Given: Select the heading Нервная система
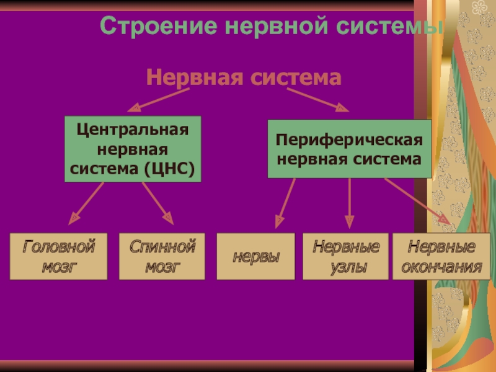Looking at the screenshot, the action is [x=244, y=78].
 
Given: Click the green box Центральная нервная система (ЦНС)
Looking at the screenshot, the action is [x=133, y=149].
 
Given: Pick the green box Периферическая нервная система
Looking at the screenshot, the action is [x=349, y=149].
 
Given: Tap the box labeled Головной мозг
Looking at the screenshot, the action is [x=58, y=256].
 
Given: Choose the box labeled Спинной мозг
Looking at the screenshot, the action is [x=162, y=256].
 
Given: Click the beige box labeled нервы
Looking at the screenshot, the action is [x=255, y=256].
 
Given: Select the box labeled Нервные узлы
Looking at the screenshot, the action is [x=345, y=256].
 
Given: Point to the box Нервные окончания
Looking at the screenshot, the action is [x=441, y=256].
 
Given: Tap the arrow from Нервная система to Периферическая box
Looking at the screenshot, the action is [x=316, y=99].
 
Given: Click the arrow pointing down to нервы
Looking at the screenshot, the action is [x=286, y=201].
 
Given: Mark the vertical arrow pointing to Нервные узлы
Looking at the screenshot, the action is [x=350, y=201].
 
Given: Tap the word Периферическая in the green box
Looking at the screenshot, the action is [x=349, y=141].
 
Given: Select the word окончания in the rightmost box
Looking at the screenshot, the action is [x=441, y=267].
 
